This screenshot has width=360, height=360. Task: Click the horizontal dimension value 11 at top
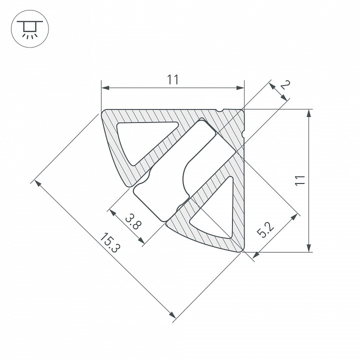pos(172,79)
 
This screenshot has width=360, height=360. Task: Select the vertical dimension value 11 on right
pos(300,180)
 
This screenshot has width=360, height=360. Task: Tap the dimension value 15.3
pos(110,242)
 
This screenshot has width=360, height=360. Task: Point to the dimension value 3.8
pos(133,221)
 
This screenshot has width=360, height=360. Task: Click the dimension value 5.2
pos(265,230)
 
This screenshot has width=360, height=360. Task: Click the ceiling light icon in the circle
pos(29,29)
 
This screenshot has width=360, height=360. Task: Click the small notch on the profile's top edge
pos(219,110)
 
